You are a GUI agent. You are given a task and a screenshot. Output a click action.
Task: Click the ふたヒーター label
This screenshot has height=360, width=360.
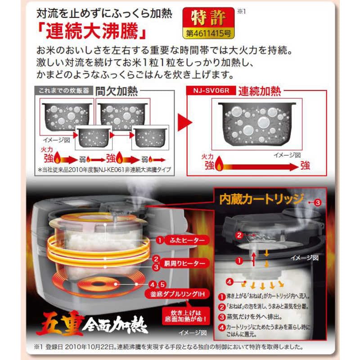pos(181,240)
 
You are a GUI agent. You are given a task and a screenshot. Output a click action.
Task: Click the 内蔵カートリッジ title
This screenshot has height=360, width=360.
pos(261,199)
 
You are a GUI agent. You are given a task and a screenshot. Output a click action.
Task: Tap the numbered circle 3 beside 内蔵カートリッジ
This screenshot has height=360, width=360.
pos(317,202)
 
